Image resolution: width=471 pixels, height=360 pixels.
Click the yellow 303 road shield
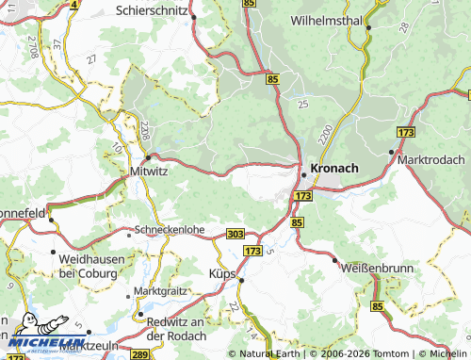pyautogui.click(x=235, y=233)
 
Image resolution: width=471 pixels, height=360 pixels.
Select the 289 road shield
pyautogui.click(x=138, y=354)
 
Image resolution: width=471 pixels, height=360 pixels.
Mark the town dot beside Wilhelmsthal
pyautogui.click(x=368, y=27)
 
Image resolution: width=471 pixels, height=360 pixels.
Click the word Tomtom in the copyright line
pyautogui.click(x=370, y=353)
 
